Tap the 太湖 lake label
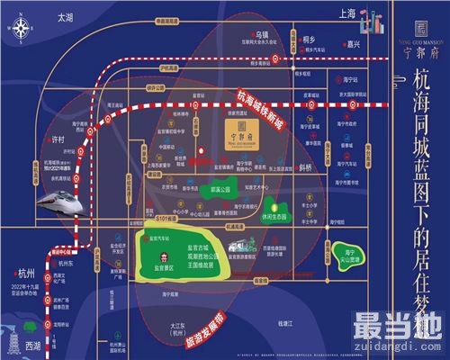pos(64,17)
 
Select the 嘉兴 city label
pos(353,42)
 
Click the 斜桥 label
pos(305,168)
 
